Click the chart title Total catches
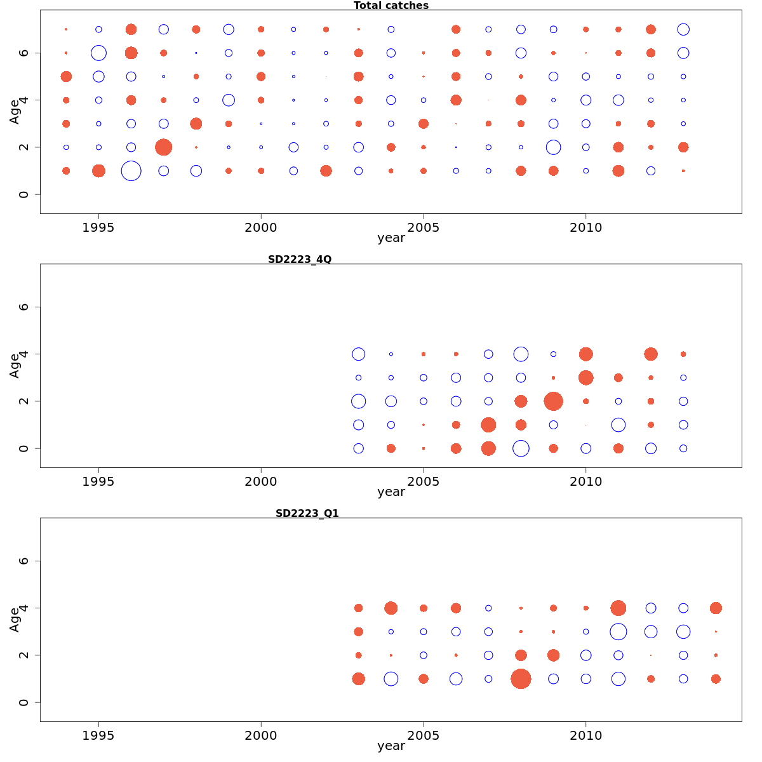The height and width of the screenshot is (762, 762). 391,6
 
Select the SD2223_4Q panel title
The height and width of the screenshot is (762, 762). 300,260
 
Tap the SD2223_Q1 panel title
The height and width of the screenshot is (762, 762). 307,514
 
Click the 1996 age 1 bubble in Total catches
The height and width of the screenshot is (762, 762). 131,171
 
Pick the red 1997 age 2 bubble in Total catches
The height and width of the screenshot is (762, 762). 163,147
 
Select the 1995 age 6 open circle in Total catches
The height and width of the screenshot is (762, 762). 98,53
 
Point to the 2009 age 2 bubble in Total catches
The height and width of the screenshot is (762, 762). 553,147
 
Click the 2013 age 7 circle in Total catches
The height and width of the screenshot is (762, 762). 683,29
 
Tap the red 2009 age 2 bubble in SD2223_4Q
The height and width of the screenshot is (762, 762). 553,401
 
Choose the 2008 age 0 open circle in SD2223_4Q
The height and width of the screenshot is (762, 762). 521,448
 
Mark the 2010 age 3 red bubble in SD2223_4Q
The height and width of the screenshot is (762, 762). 585,378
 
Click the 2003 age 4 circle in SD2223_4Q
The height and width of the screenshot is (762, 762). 358,354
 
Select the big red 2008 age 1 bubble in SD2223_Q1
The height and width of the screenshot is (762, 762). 521,679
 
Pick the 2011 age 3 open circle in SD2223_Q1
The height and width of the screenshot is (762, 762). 618,632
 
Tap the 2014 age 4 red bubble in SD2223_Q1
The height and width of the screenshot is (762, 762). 716,608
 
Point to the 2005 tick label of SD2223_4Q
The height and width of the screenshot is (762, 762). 423,482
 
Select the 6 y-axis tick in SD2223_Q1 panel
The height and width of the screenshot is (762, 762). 24,561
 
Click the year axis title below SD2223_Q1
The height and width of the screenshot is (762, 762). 391,746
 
